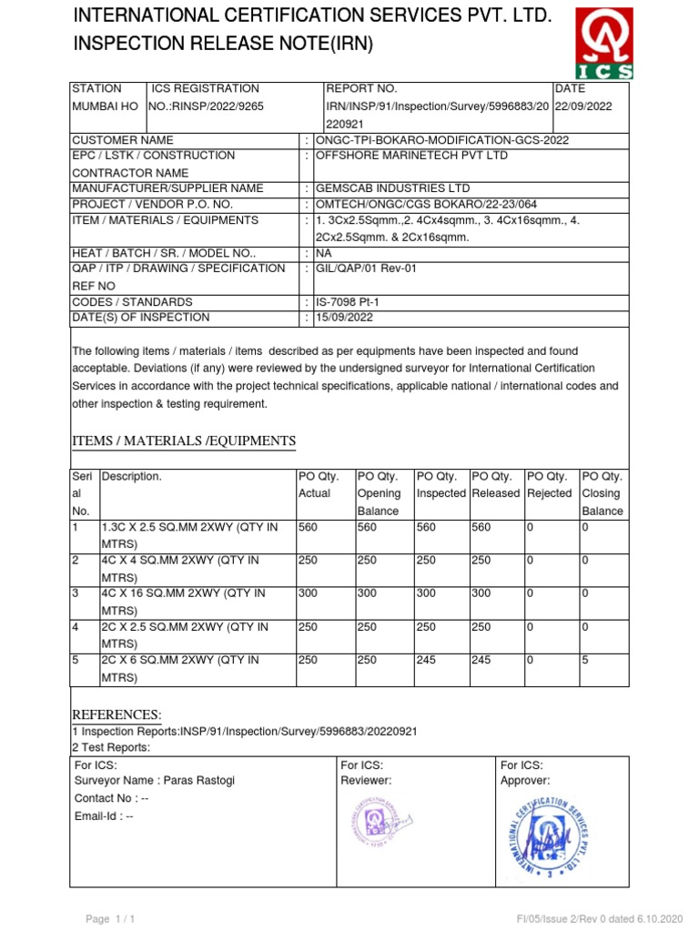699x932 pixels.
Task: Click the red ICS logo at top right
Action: point(603,45)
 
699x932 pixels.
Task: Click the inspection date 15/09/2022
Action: point(343,318)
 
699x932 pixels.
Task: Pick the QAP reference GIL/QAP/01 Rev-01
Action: point(365,268)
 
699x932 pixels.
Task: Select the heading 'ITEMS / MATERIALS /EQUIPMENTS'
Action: point(184,441)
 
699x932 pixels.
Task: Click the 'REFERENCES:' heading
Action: point(116,714)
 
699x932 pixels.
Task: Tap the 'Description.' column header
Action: point(133,476)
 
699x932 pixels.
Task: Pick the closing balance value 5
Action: point(585,660)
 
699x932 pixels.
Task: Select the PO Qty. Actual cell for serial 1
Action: point(309,527)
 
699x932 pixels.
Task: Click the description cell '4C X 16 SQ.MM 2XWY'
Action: point(183,593)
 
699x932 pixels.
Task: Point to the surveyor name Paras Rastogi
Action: point(158,781)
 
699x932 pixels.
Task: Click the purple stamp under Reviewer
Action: point(371,823)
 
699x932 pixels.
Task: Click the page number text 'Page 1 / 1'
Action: point(110,919)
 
